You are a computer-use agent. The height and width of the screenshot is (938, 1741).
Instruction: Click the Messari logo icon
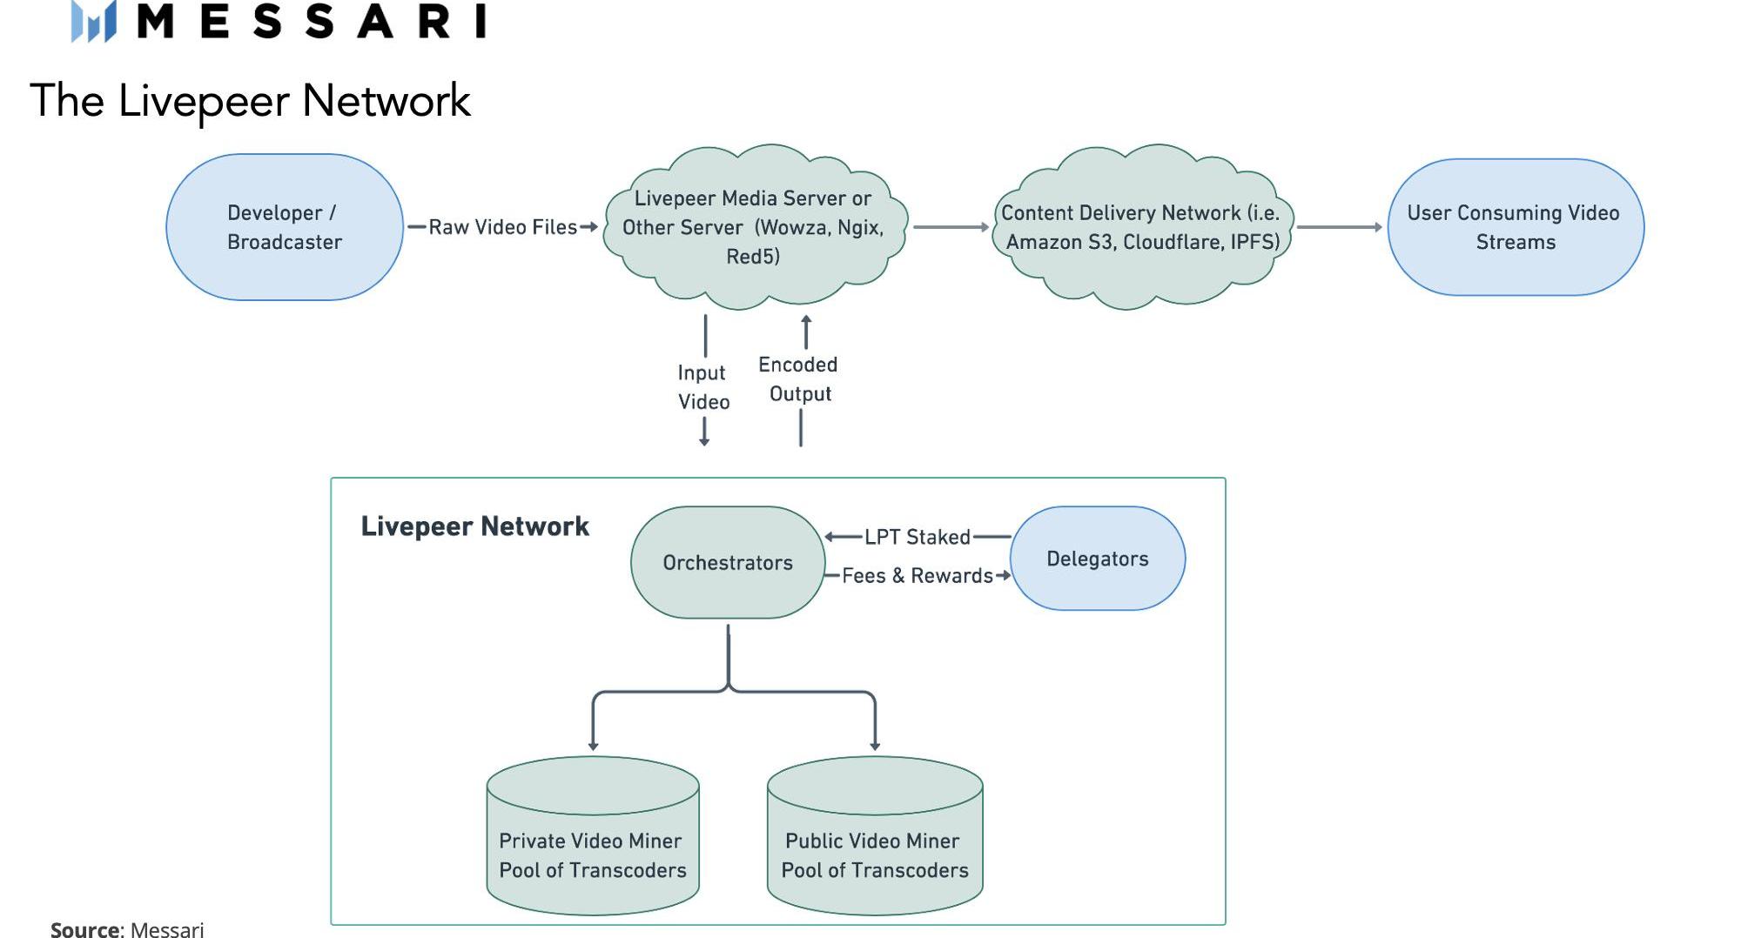(94, 22)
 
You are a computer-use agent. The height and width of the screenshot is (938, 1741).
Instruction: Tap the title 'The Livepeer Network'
(250, 101)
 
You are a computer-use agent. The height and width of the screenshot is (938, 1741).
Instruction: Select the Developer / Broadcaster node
(285, 227)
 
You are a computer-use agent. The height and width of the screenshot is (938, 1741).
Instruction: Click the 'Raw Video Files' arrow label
(502, 227)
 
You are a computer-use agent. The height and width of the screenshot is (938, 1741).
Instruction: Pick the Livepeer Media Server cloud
(754, 227)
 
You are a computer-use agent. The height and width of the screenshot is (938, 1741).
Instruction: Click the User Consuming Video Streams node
(1515, 227)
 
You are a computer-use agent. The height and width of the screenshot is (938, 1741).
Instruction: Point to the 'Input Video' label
(703, 387)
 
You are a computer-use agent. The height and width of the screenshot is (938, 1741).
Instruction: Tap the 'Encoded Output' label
(798, 379)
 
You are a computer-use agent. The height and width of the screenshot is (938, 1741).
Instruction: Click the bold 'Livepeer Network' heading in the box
(475, 526)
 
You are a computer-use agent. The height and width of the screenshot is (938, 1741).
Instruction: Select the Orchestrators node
(728, 563)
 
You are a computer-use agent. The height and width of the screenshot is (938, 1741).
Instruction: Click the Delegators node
(1098, 559)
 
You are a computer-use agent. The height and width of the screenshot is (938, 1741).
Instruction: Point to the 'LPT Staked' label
(918, 537)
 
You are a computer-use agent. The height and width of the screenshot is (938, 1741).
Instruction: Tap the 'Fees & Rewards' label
(918, 576)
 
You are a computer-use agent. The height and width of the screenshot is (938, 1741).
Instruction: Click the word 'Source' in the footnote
(85, 929)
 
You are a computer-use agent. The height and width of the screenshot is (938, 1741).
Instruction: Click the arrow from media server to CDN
(951, 227)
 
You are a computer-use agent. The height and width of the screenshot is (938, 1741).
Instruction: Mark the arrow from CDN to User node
(1339, 227)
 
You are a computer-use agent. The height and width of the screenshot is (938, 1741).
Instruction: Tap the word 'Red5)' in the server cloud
(754, 257)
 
